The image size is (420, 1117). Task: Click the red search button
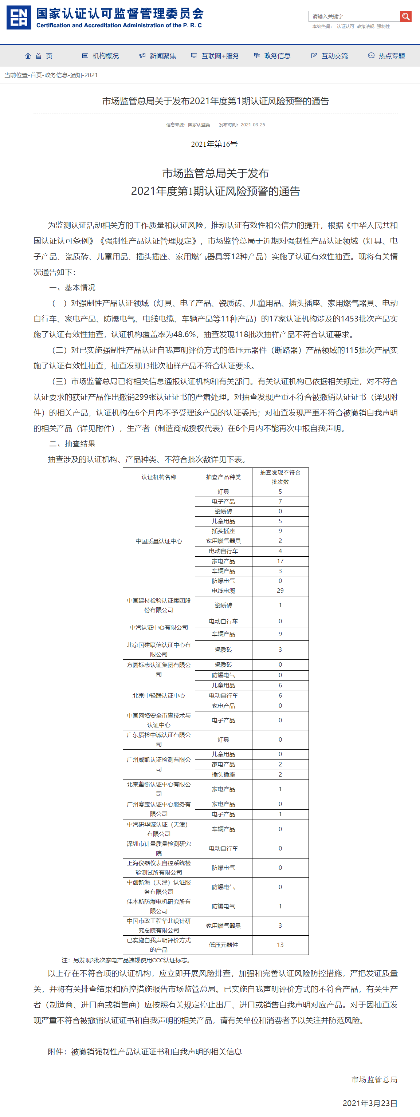pyautogui.click(x=405, y=16)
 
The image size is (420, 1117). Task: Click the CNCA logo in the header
pyautogui.click(x=19, y=18)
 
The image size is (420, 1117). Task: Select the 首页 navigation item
pyautogui.click(x=39, y=56)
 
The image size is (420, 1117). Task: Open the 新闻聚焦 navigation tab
pyautogui.click(x=158, y=56)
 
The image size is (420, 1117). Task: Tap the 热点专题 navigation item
pyautogui.click(x=386, y=56)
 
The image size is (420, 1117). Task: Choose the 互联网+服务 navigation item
pyautogui.click(x=215, y=56)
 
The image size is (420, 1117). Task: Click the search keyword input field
pyautogui.click(x=354, y=16)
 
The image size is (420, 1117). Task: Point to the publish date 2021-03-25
pyautogui.click(x=252, y=125)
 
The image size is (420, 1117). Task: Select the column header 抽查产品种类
pyautogui.click(x=223, y=477)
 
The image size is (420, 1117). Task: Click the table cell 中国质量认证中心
pyautogui.click(x=159, y=541)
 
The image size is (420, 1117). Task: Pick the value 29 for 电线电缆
pyautogui.click(x=280, y=591)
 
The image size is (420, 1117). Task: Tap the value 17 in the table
pyautogui.click(x=280, y=561)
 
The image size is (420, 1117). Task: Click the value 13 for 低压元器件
pyautogui.click(x=280, y=945)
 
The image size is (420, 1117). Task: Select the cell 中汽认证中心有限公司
pyautogui.click(x=159, y=627)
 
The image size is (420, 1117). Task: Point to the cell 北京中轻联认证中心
pyautogui.click(x=159, y=695)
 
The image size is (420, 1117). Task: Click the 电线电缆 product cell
pyautogui.click(x=223, y=591)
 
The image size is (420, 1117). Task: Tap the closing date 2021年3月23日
pyautogui.click(x=370, y=1103)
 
